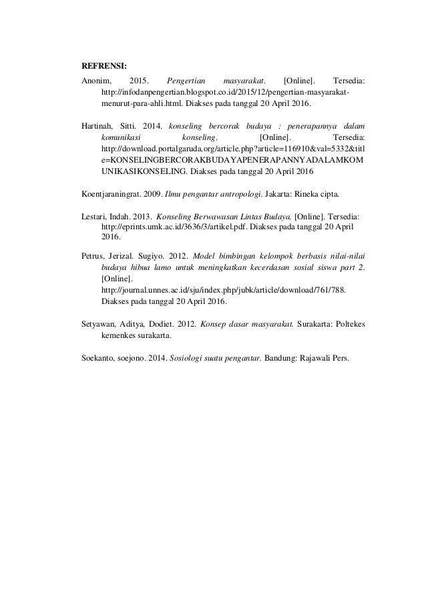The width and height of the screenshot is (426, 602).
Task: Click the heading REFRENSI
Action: point(103,66)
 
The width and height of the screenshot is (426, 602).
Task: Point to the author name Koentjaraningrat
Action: point(111,195)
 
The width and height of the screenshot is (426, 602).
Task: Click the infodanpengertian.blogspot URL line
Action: point(225,93)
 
